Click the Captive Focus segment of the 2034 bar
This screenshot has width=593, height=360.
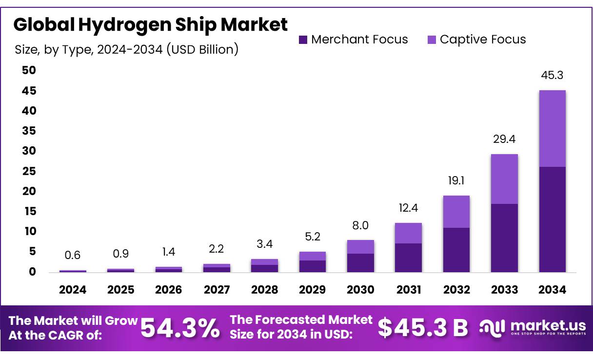(x=552, y=128)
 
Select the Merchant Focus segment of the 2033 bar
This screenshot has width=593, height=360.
(x=504, y=238)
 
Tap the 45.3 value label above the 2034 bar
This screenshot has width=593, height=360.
(x=552, y=76)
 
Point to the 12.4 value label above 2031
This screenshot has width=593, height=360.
(x=408, y=208)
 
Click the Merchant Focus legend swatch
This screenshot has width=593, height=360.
(x=303, y=40)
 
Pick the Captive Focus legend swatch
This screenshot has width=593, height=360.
(x=432, y=40)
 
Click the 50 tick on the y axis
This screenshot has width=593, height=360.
(x=29, y=70)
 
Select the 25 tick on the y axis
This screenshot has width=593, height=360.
(x=29, y=171)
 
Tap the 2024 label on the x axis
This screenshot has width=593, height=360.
(x=73, y=290)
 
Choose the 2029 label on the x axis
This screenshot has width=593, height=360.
(x=312, y=290)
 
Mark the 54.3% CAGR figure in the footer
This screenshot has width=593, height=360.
(x=180, y=328)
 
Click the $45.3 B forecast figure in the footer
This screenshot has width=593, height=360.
(x=422, y=328)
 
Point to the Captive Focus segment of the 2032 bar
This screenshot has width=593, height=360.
(x=456, y=212)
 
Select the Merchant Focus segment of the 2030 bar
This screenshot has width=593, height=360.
(x=360, y=262)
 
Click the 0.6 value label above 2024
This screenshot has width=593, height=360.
(x=73, y=255)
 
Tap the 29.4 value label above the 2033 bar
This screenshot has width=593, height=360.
(x=504, y=140)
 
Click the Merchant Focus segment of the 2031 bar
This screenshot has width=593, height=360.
(x=408, y=257)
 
